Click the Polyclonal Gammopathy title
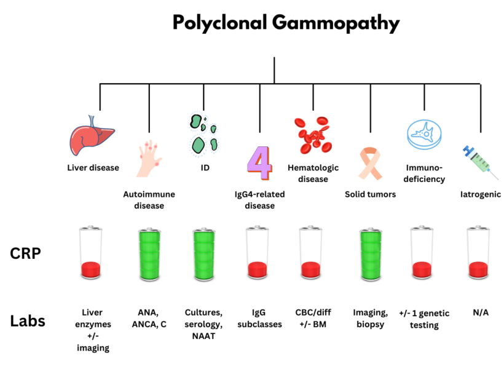click(286, 23)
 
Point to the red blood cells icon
click(313, 135)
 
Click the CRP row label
click(25, 253)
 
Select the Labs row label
click(28, 320)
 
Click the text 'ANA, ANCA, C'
click(149, 318)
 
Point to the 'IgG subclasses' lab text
click(259, 318)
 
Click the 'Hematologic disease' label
click(313, 173)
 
